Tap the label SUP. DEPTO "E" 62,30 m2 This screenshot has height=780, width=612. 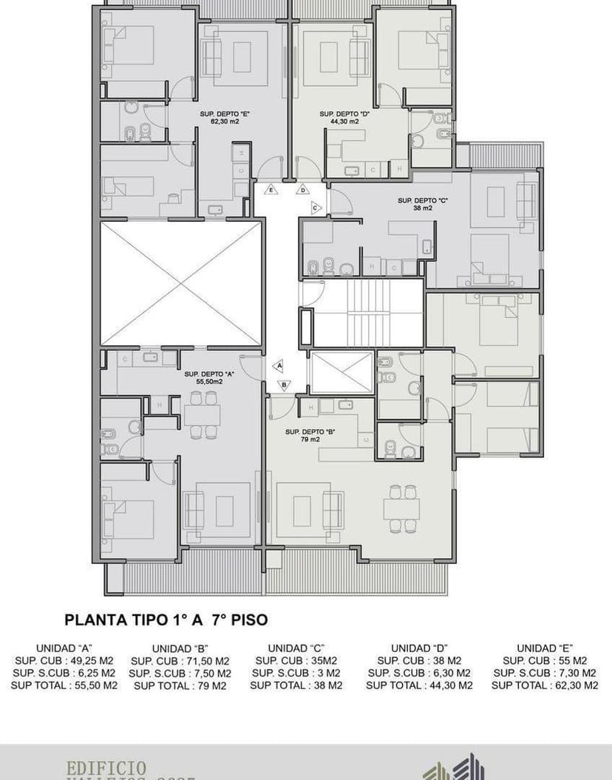(224, 118)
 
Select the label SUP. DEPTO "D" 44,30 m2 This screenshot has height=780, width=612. (344, 118)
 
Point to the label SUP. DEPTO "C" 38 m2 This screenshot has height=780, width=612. (423, 204)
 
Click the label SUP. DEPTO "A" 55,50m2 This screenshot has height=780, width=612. (209, 378)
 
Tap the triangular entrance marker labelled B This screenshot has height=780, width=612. (285, 384)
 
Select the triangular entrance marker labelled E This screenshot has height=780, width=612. (271, 190)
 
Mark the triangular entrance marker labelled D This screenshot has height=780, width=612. (303, 190)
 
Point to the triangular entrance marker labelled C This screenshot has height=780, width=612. (316, 208)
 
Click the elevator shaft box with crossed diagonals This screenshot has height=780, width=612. (341, 373)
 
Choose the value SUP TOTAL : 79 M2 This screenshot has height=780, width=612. (180, 685)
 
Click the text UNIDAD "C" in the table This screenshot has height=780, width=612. (296, 648)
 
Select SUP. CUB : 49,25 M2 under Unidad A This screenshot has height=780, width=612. (64, 660)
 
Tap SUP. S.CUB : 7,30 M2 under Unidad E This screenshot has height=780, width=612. (545, 673)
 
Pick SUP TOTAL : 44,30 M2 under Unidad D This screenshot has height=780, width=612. (419, 685)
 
